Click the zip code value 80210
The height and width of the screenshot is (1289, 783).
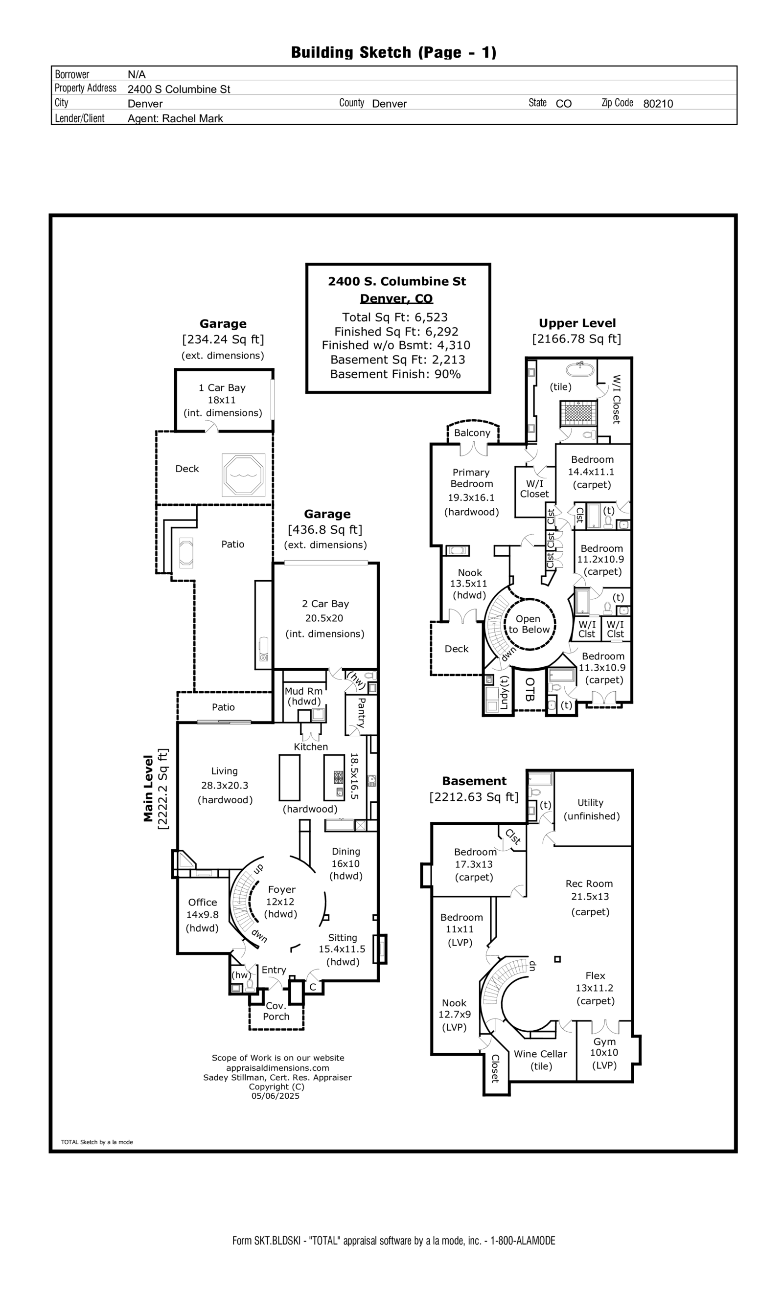coord(657,104)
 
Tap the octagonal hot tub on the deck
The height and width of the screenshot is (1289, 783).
coord(243,475)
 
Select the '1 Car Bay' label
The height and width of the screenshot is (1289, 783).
coord(222,387)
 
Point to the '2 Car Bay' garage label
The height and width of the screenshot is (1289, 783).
coord(325,604)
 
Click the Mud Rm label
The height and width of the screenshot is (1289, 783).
coord(303,691)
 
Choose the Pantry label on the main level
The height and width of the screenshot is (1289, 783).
coord(360,712)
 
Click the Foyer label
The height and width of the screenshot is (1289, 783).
coord(281,889)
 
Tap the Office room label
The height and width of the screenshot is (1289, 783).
coord(203,902)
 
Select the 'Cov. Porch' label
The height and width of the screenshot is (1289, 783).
coord(276,1011)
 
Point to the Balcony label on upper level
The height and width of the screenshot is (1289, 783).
coord(472,432)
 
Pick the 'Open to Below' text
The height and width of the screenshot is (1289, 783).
coord(529,624)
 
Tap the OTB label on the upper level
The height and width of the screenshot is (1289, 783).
coord(529,690)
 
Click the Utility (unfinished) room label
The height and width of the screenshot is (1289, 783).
coord(591,809)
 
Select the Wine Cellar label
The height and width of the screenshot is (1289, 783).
coord(540,1054)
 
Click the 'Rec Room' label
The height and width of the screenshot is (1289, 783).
coord(589,883)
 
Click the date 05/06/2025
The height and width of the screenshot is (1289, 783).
coord(276,1096)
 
